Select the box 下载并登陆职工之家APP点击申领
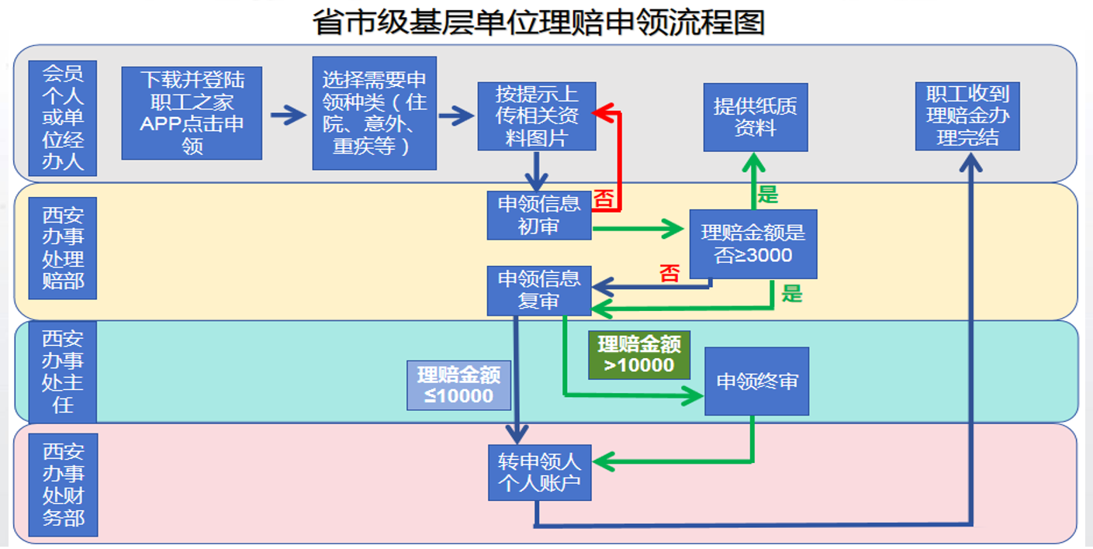click(192, 112)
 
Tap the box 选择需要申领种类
click(374, 112)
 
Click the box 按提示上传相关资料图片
click(537, 116)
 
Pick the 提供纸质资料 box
click(756, 117)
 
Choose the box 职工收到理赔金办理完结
click(967, 116)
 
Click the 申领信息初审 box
click(539, 215)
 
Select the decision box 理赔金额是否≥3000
click(753, 243)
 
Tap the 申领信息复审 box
click(539, 290)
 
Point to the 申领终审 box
click(756, 381)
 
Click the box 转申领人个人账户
click(539, 472)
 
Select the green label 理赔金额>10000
click(639, 355)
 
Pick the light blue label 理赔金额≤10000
click(459, 385)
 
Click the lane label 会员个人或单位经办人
click(63, 118)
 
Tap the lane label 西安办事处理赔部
click(63, 247)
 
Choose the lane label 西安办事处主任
click(63, 371)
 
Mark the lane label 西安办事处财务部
click(63, 485)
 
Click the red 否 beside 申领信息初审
click(604, 199)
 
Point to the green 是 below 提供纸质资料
click(767, 194)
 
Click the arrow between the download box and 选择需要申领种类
click(288, 116)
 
